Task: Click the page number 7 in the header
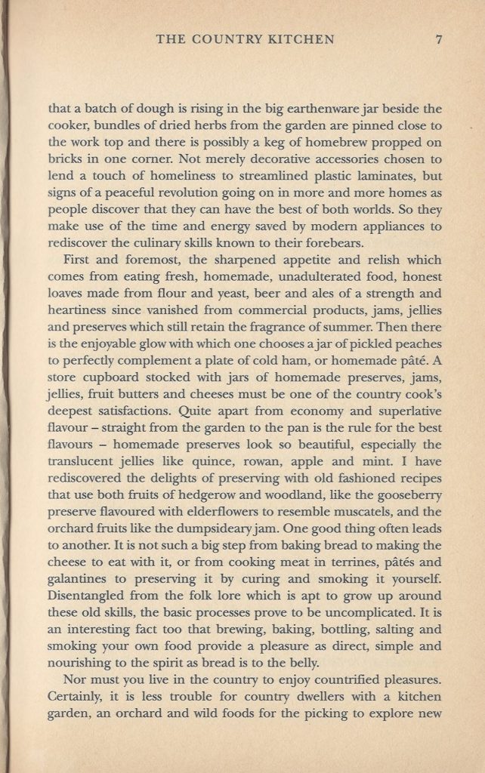coord(438,40)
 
